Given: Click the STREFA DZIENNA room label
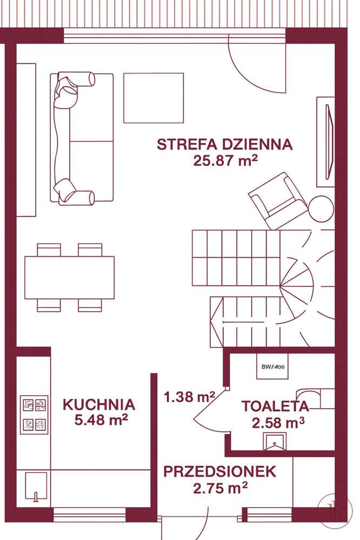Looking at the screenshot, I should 224,144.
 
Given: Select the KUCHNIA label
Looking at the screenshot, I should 99,404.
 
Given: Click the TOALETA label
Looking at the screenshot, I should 275,406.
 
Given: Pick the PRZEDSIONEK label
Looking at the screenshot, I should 220,471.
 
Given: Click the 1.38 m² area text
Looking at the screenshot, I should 190,398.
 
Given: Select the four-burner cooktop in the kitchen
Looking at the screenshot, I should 34,415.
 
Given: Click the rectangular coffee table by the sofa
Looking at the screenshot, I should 154,98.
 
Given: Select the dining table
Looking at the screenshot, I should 69,277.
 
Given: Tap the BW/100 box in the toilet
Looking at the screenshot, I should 273,367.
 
